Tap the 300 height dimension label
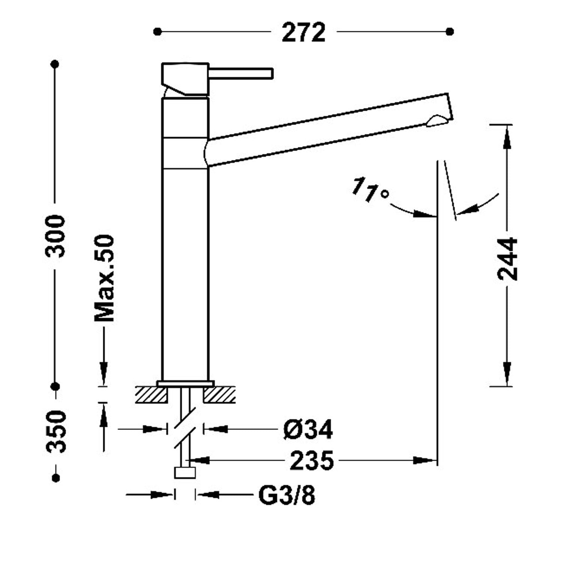(x=55, y=236)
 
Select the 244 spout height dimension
(x=507, y=259)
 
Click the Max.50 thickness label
(x=104, y=278)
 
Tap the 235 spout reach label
(x=312, y=460)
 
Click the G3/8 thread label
(x=287, y=495)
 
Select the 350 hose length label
(x=56, y=432)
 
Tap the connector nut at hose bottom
(x=185, y=473)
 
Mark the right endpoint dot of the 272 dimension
(x=450, y=32)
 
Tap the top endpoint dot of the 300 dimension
(x=55, y=64)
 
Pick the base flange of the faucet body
(x=185, y=384)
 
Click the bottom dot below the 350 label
(x=56, y=478)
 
